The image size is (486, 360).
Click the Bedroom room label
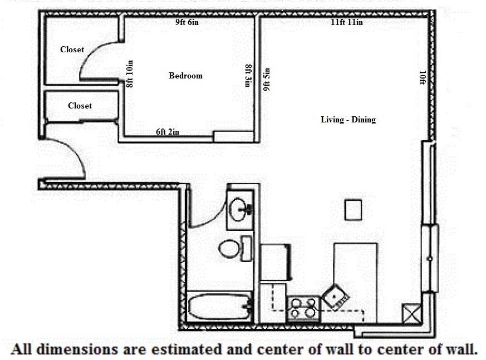coord(185,76)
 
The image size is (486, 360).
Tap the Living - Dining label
coord(348,120)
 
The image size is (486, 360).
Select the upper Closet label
coord(72,50)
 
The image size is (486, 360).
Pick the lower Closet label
coord(80,106)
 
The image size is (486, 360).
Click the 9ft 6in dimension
coord(187,22)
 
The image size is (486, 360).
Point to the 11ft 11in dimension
coord(346,22)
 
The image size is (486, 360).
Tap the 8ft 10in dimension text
coord(130,74)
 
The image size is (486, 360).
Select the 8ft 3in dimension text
coord(248,76)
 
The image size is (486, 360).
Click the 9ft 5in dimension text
coord(266,80)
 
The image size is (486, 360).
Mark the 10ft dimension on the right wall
coord(422,77)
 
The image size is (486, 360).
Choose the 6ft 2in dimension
coord(168,132)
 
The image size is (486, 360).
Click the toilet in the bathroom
coord(235,248)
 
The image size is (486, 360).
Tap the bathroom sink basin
coord(239,209)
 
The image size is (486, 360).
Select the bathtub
coord(220,307)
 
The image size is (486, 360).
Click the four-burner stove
coord(303,309)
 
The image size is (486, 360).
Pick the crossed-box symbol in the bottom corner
coord(411,313)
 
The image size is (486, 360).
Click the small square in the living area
coord(354,210)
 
